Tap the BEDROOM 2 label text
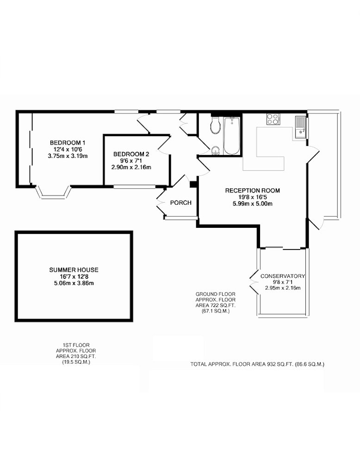pyautogui.click(x=131, y=154)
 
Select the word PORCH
pyautogui.click(x=181, y=203)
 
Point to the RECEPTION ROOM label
pyautogui.click(x=252, y=190)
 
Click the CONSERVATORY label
pyautogui.click(x=282, y=276)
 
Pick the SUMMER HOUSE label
pyautogui.click(x=74, y=269)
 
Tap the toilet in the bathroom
pyautogui.click(x=215, y=125)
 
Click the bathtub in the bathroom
pyautogui.click(x=232, y=135)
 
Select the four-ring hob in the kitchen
pyautogui.click(x=273, y=119)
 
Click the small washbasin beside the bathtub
pyautogui.click(x=216, y=150)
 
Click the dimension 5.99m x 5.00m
pyautogui.click(x=252, y=204)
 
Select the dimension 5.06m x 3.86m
pyautogui.click(x=74, y=283)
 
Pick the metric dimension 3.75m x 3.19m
pyautogui.click(x=68, y=156)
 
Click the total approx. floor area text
pyautogui.click(x=257, y=364)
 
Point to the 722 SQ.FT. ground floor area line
pyautogui.click(x=216, y=305)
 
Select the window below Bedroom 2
pyautogui.click(x=135, y=187)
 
